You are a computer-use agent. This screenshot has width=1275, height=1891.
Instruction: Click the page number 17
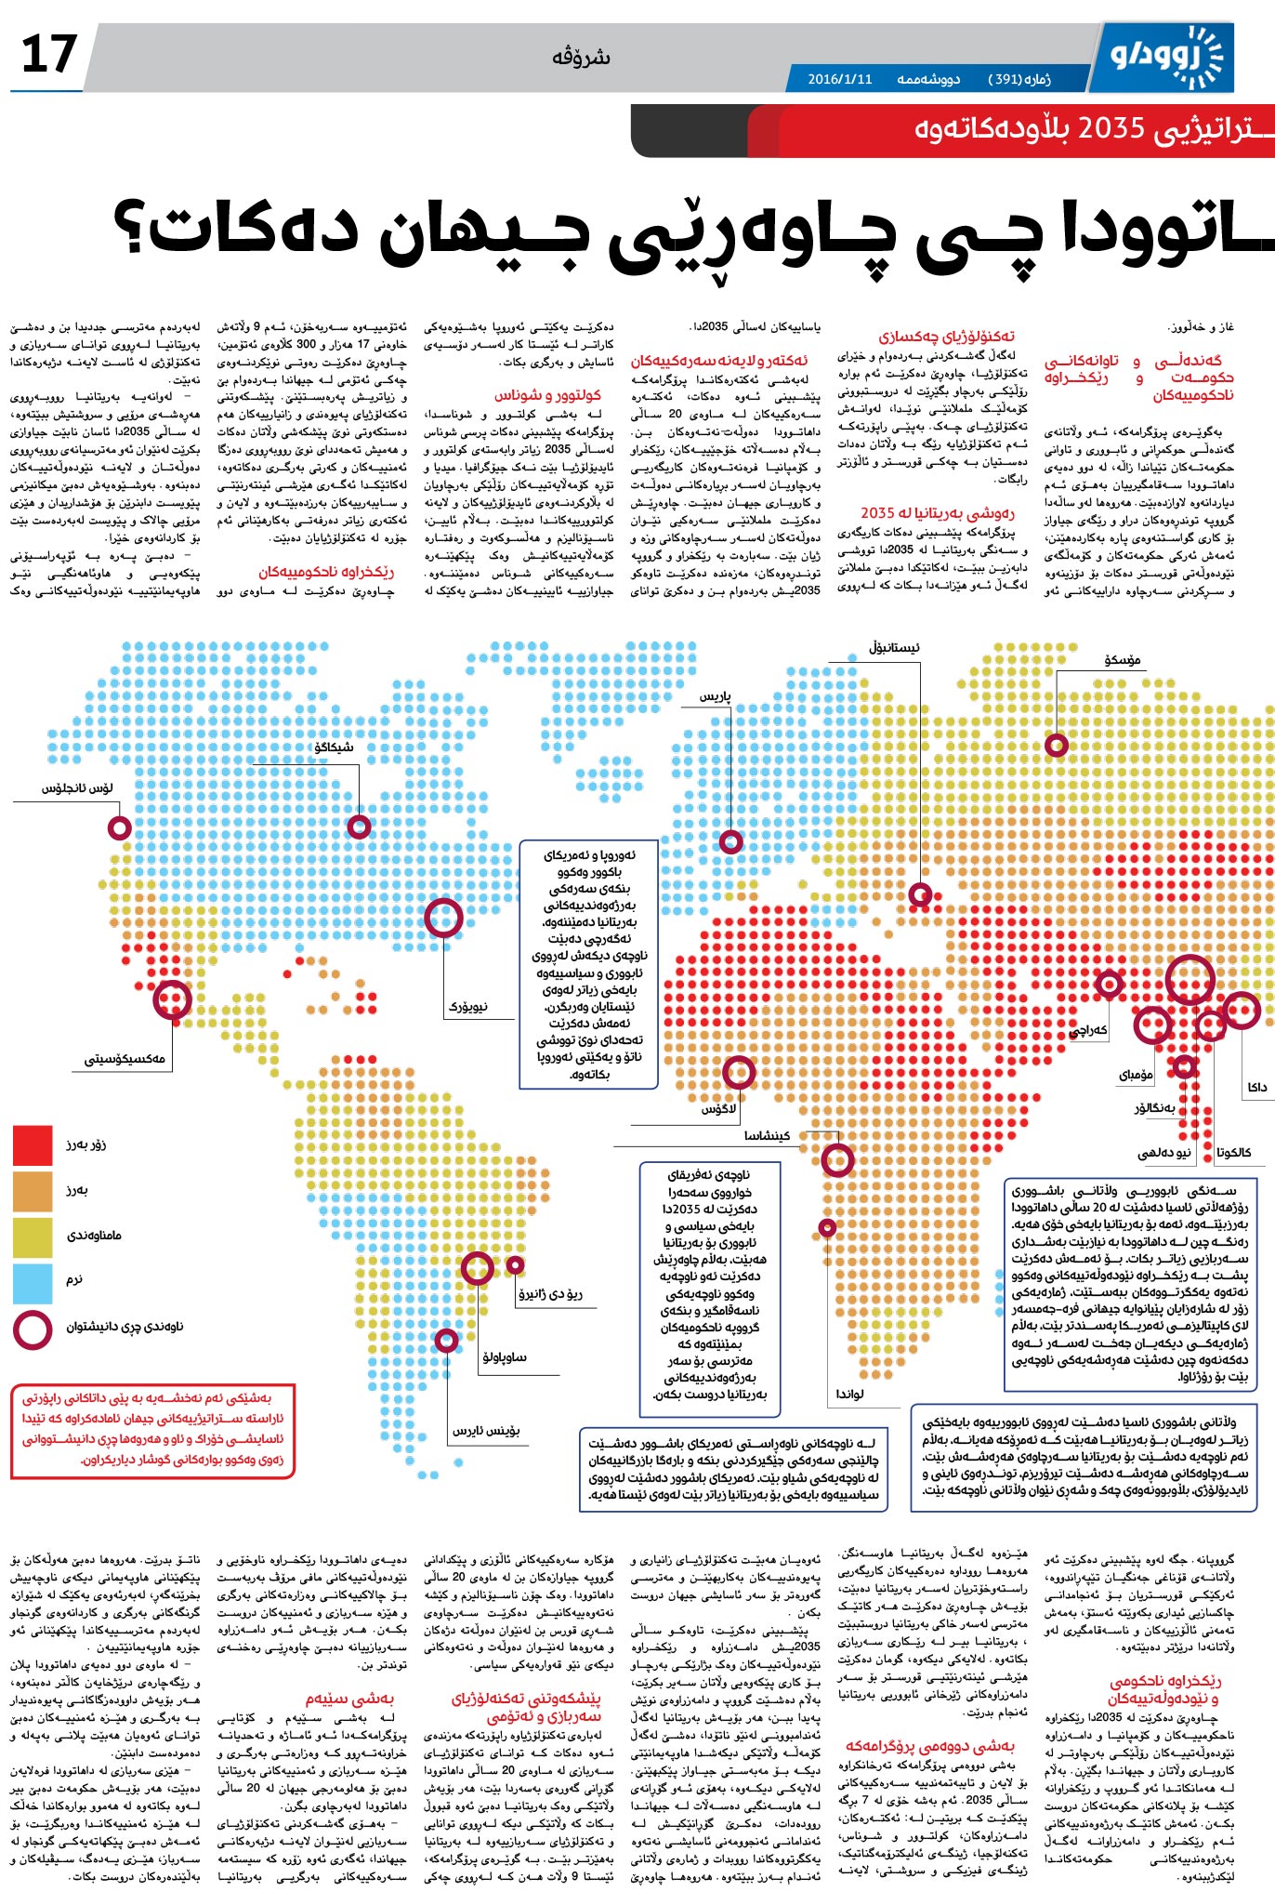48,54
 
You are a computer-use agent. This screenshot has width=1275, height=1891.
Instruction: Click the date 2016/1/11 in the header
840,79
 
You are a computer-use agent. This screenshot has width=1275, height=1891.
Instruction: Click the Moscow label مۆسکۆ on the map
1122,660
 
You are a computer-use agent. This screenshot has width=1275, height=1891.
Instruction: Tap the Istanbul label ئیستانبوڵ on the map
894,647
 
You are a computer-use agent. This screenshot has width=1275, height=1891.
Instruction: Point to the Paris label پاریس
716,696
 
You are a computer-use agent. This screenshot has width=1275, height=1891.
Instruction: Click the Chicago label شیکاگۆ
334,747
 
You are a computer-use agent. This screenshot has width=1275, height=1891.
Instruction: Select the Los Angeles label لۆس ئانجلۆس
77,788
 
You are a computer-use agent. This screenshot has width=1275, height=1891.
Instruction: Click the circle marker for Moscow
1057,745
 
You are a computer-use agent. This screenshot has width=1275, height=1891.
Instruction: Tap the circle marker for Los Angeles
119,826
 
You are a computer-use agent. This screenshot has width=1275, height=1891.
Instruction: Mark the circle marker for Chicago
359,826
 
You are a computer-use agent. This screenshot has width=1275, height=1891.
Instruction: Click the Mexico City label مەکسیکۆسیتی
125,1058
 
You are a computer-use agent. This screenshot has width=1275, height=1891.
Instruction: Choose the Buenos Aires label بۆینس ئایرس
486,1430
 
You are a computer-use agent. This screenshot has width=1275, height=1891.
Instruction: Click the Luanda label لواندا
849,1394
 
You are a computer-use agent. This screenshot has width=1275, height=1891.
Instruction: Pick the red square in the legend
33,1144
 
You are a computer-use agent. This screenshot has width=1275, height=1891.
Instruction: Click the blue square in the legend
33,1280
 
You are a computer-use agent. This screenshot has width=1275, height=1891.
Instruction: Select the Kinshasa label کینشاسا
767,1135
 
